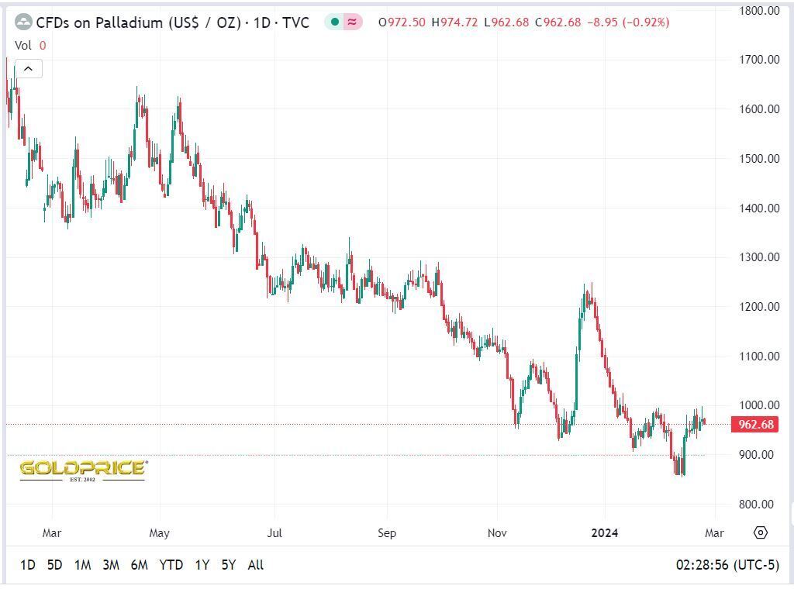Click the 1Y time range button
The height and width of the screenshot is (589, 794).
pyautogui.click(x=202, y=565)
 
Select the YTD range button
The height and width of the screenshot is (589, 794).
pyautogui.click(x=171, y=565)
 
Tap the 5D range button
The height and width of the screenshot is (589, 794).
pyautogui.click(x=54, y=565)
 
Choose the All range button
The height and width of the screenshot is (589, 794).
pyautogui.click(x=255, y=565)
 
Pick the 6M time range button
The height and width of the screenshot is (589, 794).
pyautogui.click(x=140, y=565)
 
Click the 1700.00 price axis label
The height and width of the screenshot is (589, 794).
pyautogui.click(x=760, y=60)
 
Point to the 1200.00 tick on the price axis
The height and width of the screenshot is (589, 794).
pyautogui.click(x=760, y=307)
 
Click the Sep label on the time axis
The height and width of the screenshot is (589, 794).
pyautogui.click(x=387, y=533)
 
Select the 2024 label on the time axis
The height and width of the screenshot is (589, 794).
pyautogui.click(x=605, y=533)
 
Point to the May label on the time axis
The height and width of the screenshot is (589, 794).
pyautogui.click(x=159, y=533)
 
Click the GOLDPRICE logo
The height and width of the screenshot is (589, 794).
pyautogui.click(x=82, y=469)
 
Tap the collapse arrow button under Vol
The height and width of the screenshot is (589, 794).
pyautogui.click(x=28, y=69)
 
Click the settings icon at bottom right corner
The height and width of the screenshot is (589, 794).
pyautogui.click(x=761, y=532)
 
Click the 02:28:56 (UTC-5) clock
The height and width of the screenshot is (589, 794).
pyautogui.click(x=727, y=565)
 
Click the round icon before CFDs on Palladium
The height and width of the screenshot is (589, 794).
pyautogui.click(x=24, y=22)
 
